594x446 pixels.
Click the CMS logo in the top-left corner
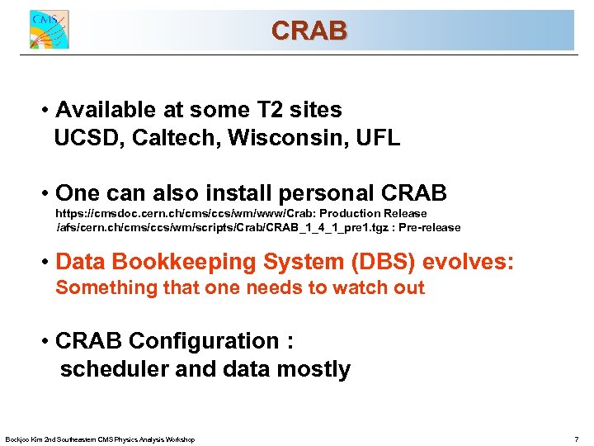(x=49, y=31)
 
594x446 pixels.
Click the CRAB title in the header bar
(x=309, y=31)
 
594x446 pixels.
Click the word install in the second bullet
(x=233, y=193)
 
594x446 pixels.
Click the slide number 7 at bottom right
(x=576, y=439)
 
